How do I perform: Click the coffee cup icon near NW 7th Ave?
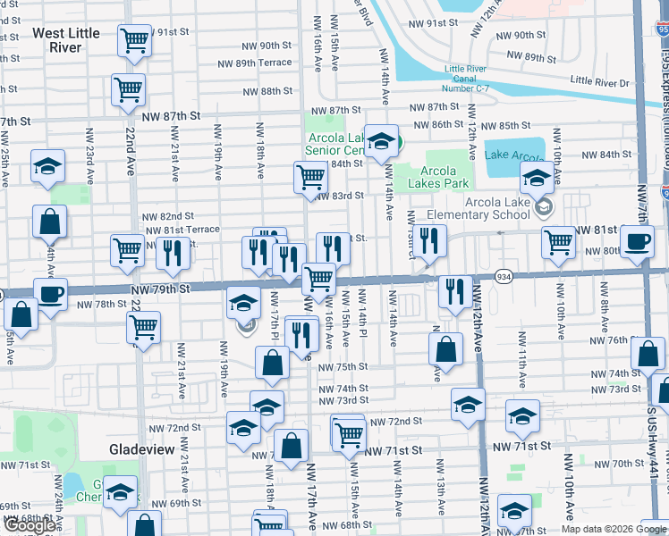637,242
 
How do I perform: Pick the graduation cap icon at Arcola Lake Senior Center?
381,140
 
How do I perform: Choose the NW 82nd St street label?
168,216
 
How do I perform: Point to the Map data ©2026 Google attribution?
613,529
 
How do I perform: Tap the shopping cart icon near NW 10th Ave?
558,242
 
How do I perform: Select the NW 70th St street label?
612,464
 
